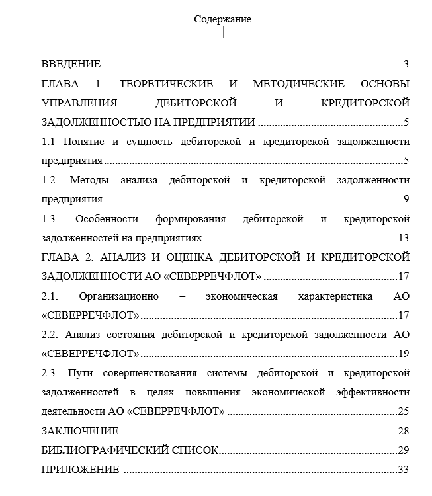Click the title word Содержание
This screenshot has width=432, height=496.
point(222,19)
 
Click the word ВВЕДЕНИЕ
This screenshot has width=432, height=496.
point(71,64)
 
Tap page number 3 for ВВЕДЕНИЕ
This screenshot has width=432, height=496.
point(406,64)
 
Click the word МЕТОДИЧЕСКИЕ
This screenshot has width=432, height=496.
point(298,84)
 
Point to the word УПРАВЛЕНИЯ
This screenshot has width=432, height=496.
point(79,103)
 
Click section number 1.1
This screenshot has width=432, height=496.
point(48,142)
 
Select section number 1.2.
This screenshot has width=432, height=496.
point(50,180)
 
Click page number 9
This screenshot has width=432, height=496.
point(406,199)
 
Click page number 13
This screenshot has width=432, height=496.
point(404,238)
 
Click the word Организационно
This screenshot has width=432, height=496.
point(120,296)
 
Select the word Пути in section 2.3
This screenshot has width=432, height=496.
point(79,373)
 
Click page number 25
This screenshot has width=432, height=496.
point(404,411)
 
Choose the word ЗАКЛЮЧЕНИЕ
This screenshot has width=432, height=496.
point(79,431)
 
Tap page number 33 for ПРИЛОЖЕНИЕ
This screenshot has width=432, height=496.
point(404,470)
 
